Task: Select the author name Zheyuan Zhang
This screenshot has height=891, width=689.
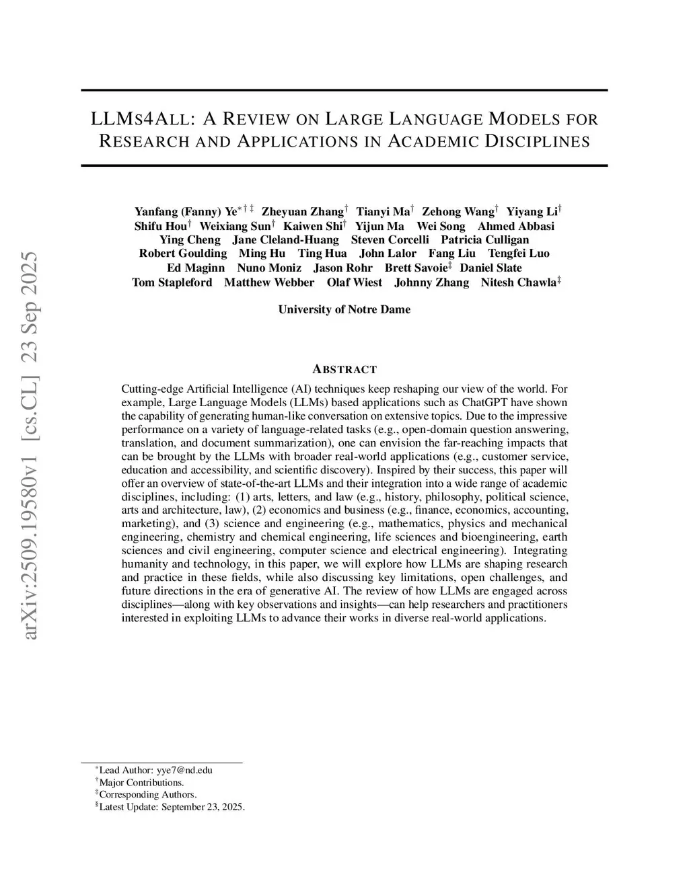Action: click(x=302, y=212)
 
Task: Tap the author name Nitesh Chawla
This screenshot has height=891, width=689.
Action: click(x=519, y=282)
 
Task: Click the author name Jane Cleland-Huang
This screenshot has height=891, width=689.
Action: click(x=285, y=240)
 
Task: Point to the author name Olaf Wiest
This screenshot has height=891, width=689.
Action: click(x=354, y=282)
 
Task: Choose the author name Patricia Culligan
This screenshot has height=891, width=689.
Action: click(x=484, y=240)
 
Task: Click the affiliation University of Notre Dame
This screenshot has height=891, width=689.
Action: click(x=344, y=309)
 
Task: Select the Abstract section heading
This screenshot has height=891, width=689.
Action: click(x=344, y=369)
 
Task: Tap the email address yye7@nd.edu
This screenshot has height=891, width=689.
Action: click(x=184, y=770)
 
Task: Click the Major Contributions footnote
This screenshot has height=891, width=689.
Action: click(x=141, y=783)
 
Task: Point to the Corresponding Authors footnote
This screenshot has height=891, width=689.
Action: click(x=147, y=795)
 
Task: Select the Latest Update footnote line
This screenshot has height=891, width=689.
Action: click(x=172, y=807)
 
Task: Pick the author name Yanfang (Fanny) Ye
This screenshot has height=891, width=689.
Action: click(x=186, y=212)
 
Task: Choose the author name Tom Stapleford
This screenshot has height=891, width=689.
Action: click(x=172, y=282)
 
